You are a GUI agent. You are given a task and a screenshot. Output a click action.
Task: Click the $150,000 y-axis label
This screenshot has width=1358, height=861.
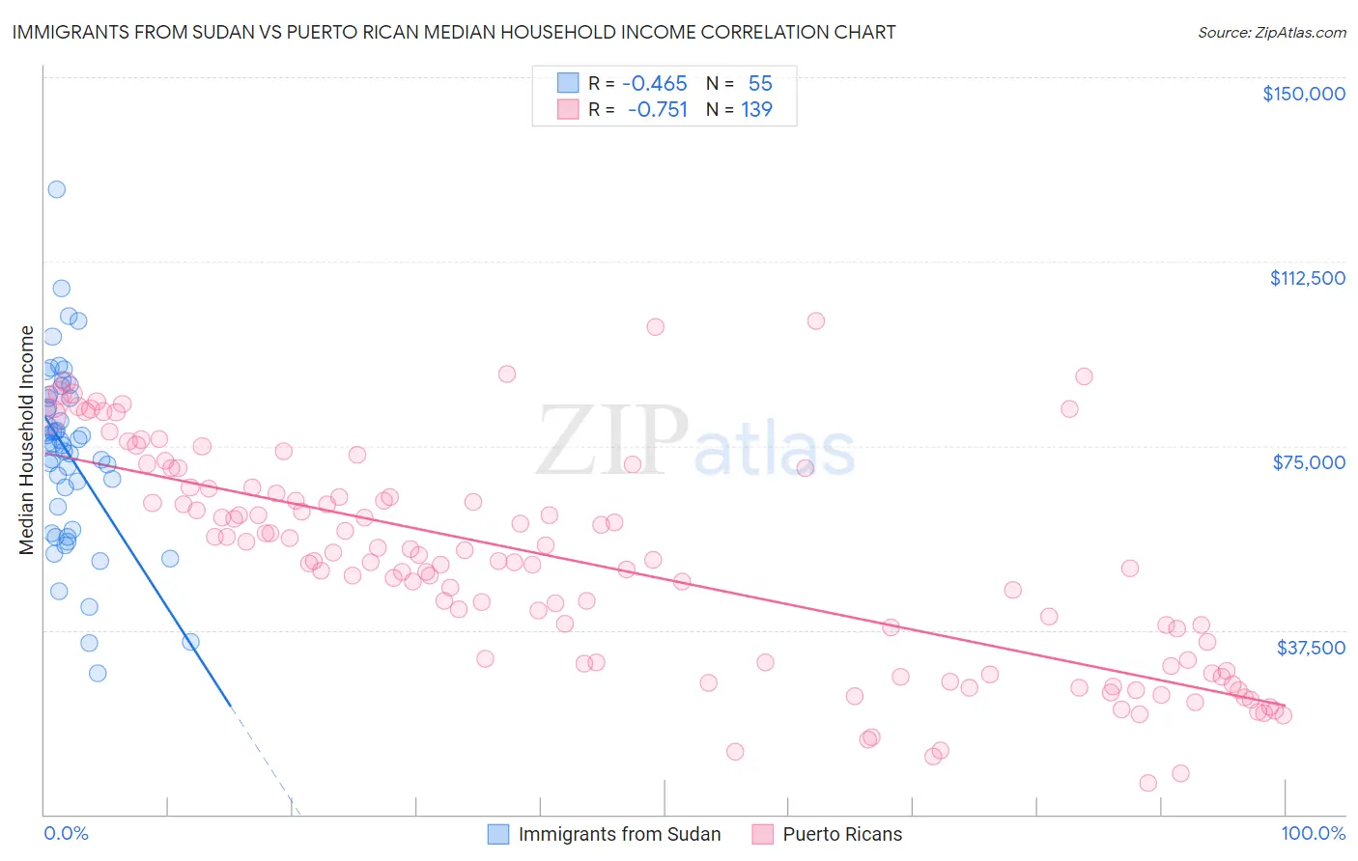pos(1303,94)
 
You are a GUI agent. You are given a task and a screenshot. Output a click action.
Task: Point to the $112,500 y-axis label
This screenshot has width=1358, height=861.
pos(1307,278)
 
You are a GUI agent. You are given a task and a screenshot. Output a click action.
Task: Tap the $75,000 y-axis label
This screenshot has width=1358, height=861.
pos(1309,462)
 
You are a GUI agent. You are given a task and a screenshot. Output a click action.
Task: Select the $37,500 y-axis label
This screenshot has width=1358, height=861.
pos(1311,648)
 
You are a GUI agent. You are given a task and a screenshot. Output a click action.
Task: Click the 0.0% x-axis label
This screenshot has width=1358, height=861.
pos(66,833)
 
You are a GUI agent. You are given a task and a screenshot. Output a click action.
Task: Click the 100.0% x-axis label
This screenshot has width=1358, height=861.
pos(1313,833)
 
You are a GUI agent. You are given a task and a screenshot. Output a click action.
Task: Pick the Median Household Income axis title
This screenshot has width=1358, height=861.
pos(27,440)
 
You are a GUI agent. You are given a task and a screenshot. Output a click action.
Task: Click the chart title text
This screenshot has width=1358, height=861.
pos(454,32)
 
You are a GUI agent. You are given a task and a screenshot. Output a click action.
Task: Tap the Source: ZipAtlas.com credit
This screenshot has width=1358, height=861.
pos(1271,33)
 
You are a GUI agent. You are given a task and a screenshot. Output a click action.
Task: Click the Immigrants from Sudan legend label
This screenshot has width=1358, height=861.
pos(619,834)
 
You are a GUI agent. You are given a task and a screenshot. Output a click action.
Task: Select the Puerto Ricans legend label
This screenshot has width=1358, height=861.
pos(842,834)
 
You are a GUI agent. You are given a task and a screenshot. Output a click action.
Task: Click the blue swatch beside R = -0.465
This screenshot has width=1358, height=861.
pos(568,83)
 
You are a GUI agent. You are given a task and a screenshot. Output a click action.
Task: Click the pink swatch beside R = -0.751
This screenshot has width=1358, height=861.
pos(568,109)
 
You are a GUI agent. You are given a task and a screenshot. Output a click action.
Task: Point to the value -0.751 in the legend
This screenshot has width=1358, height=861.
pos(657,109)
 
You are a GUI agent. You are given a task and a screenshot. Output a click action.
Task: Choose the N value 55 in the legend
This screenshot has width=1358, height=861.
pos(760,83)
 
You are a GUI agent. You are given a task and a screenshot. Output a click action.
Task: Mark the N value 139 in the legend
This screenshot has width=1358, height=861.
pos(756,109)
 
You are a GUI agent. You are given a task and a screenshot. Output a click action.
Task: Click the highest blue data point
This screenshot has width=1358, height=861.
pos(57,189)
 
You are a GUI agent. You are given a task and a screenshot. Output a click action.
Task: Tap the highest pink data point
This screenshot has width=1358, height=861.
pos(816,320)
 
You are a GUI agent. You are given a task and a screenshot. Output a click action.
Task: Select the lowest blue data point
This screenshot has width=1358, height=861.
pos(98,673)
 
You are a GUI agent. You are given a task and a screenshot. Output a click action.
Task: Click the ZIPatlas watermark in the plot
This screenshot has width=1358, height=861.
pos(695,442)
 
